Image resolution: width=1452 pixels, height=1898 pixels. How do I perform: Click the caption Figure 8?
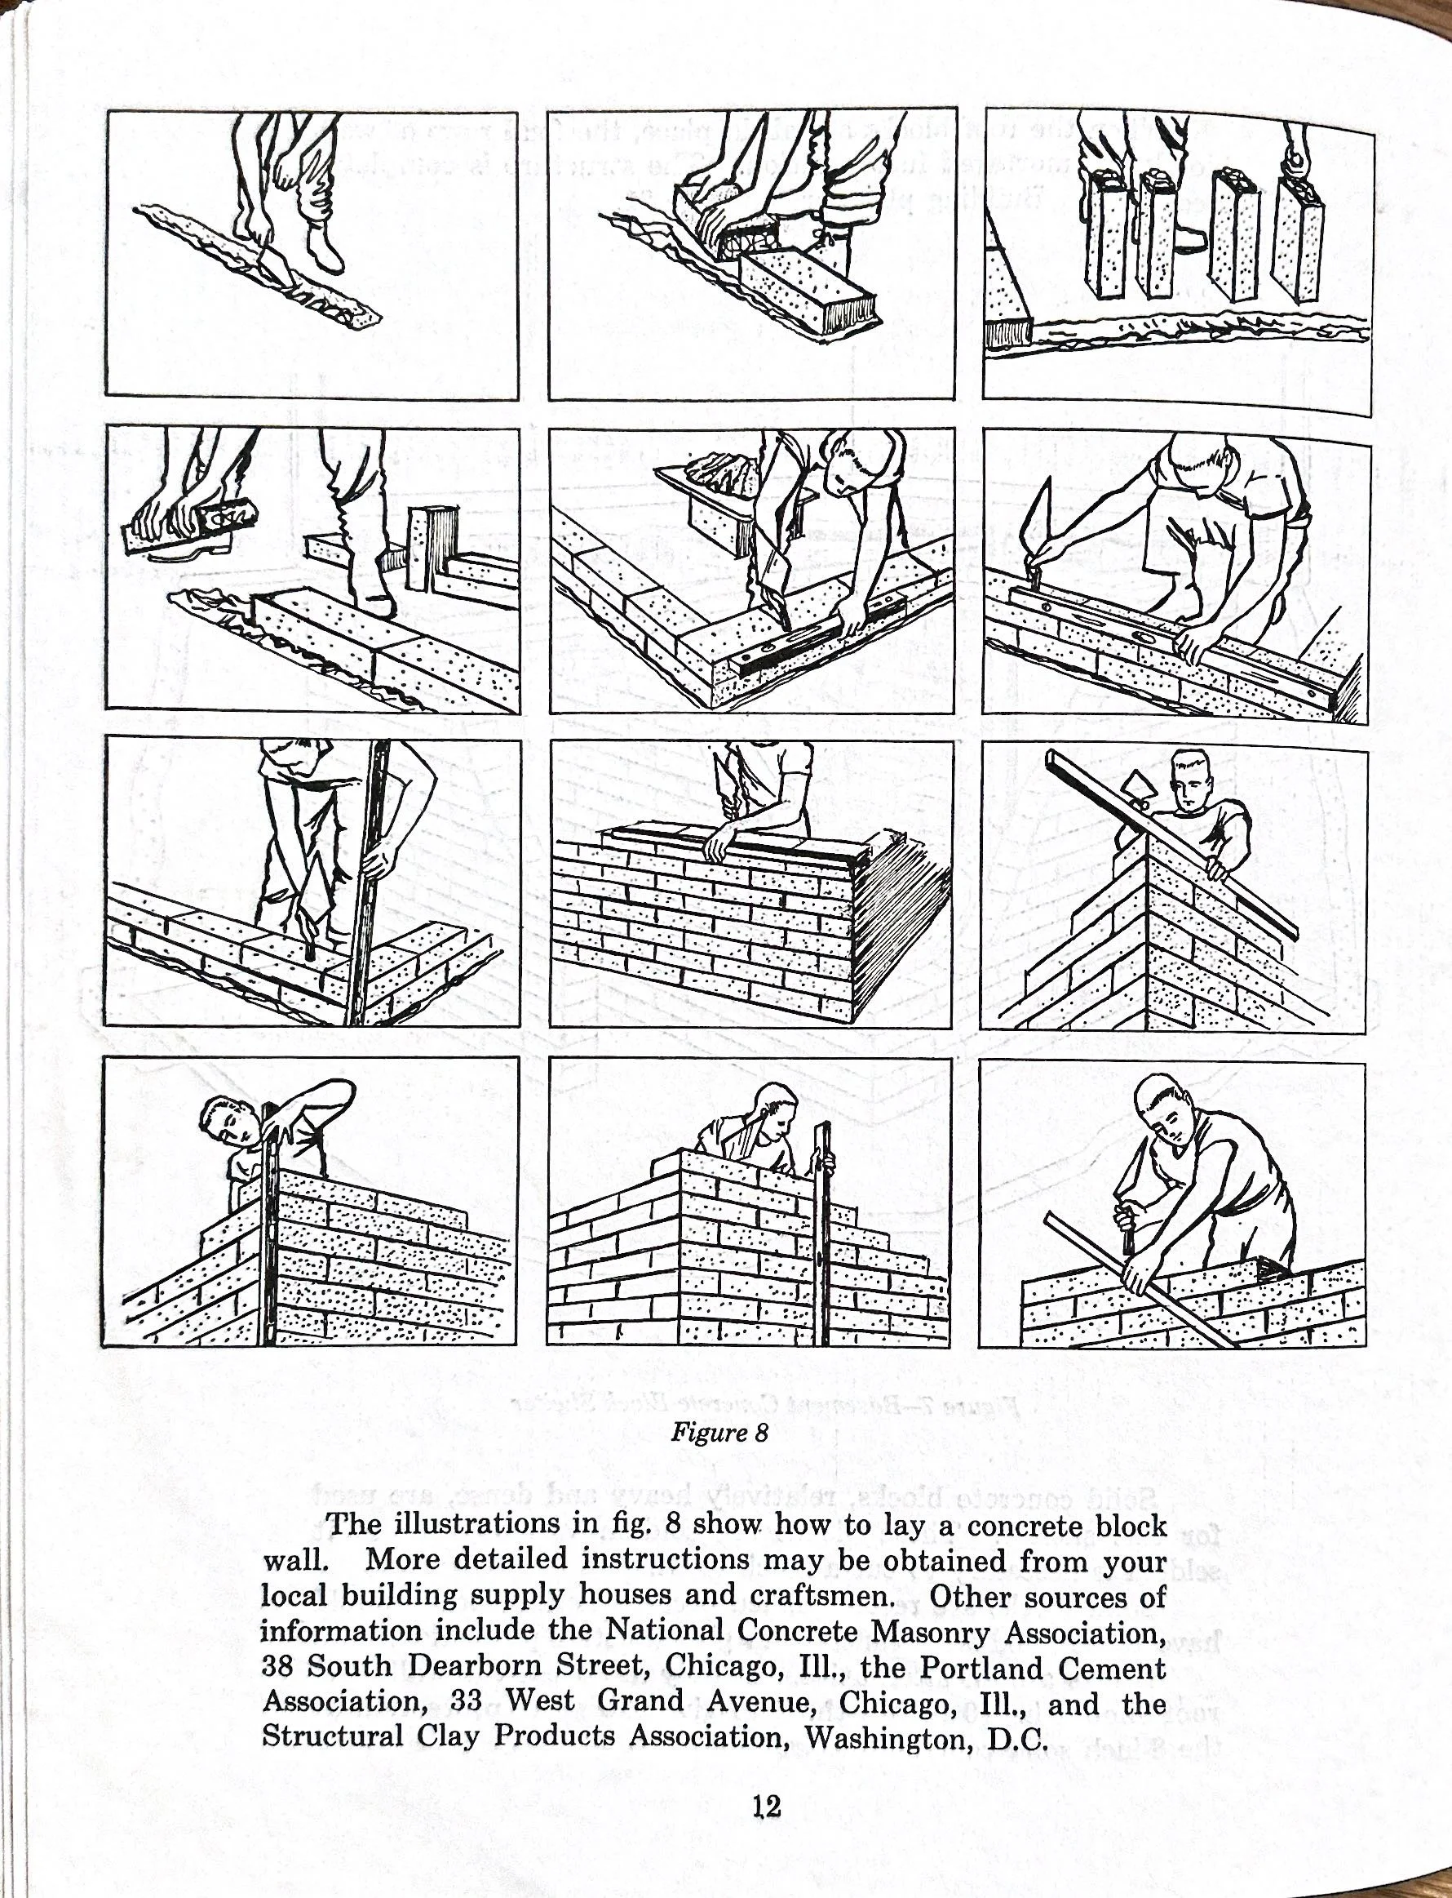(x=719, y=1433)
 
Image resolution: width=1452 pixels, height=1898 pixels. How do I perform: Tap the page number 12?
(x=766, y=1806)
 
